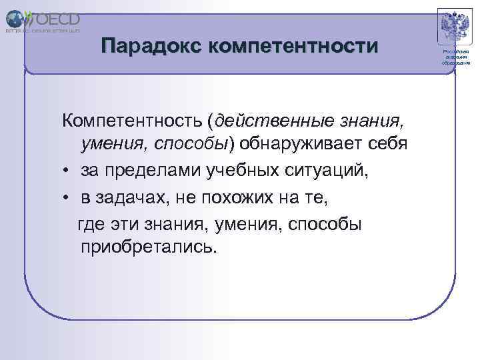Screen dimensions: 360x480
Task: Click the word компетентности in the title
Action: (293, 46)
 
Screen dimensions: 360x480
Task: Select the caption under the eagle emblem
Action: (455, 58)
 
